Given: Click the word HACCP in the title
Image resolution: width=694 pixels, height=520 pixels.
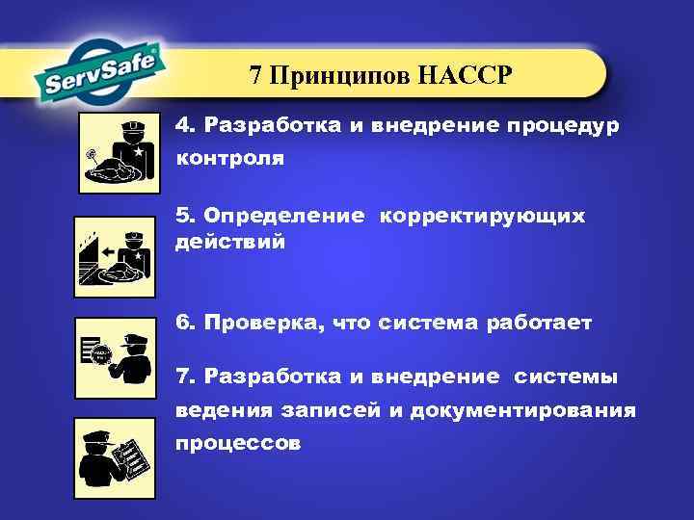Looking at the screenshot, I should pyautogui.click(x=467, y=76).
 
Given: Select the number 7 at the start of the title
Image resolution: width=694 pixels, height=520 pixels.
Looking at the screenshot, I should pyautogui.click(x=255, y=76).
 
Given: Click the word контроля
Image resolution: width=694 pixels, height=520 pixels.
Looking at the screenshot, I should pyautogui.click(x=229, y=159).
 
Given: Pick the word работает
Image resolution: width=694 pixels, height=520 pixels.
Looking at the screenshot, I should pyautogui.click(x=547, y=324).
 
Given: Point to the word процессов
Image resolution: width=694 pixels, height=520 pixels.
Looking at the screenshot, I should pyautogui.click(x=237, y=444).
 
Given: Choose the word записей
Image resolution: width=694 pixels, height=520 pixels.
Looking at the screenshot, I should pyautogui.click(x=332, y=411).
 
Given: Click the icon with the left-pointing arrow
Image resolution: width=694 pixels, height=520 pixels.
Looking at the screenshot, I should pyautogui.click(x=115, y=257).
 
